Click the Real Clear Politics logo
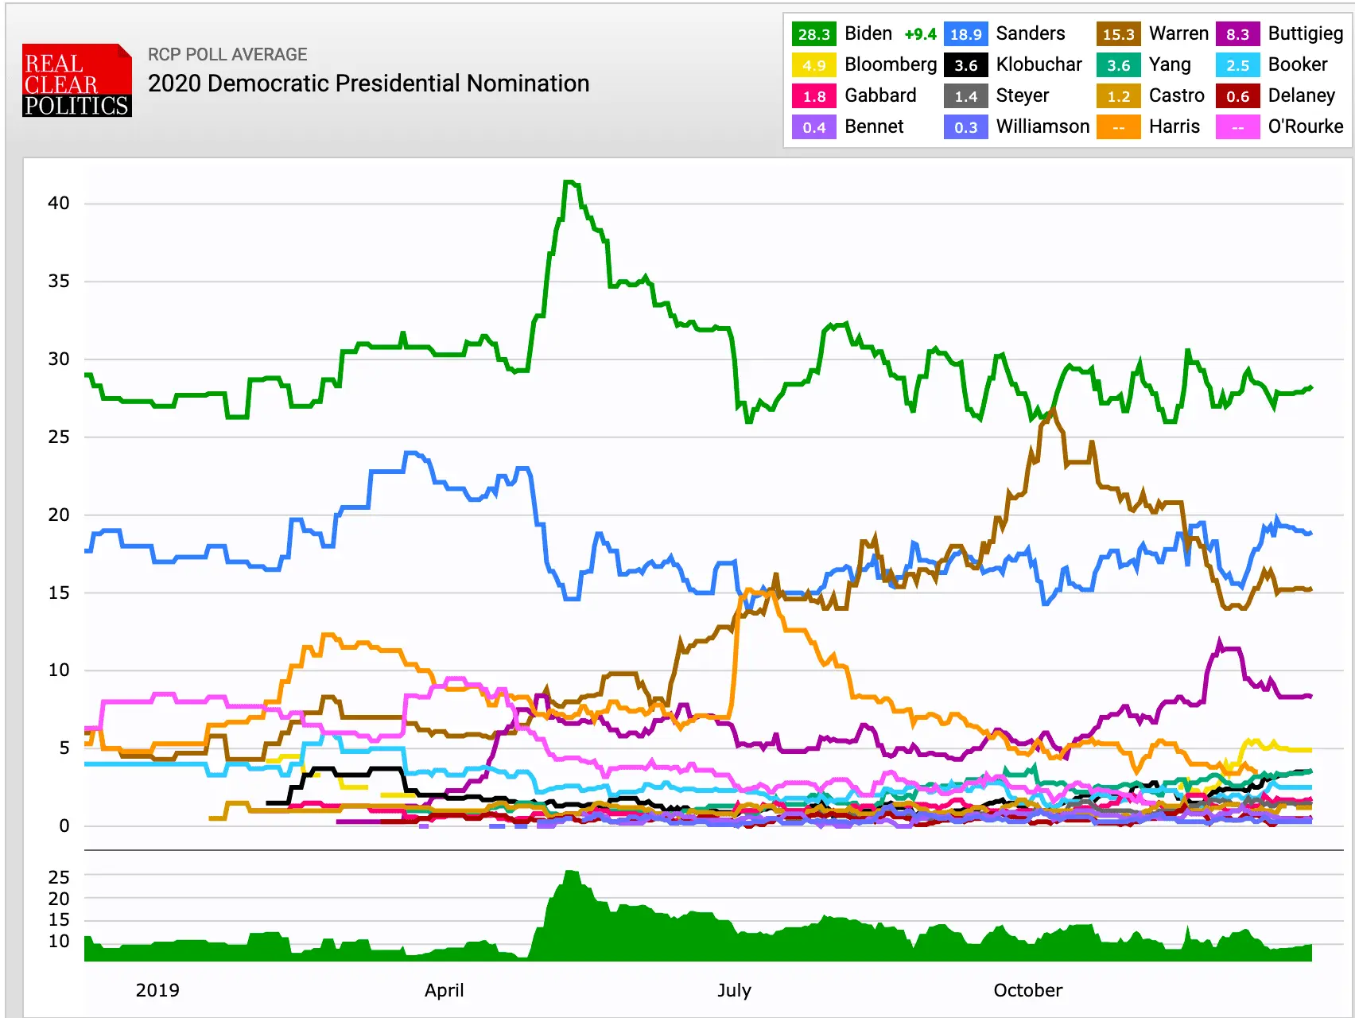click(76, 80)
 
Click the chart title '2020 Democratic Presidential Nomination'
click(368, 84)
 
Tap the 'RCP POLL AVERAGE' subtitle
click(227, 54)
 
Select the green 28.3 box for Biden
click(813, 34)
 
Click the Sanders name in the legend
click(1030, 33)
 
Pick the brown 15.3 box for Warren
click(1118, 34)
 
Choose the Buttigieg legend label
click(1305, 33)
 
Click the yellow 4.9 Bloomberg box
click(813, 65)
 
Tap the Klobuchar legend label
click(1039, 64)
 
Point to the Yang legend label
click(1169, 64)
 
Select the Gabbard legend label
click(880, 95)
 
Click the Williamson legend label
click(1042, 126)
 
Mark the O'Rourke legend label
click(1305, 126)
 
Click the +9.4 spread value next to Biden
click(920, 34)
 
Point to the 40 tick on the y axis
click(59, 203)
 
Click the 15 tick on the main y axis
click(59, 593)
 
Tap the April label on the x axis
click(444, 990)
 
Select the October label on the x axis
click(1027, 990)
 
